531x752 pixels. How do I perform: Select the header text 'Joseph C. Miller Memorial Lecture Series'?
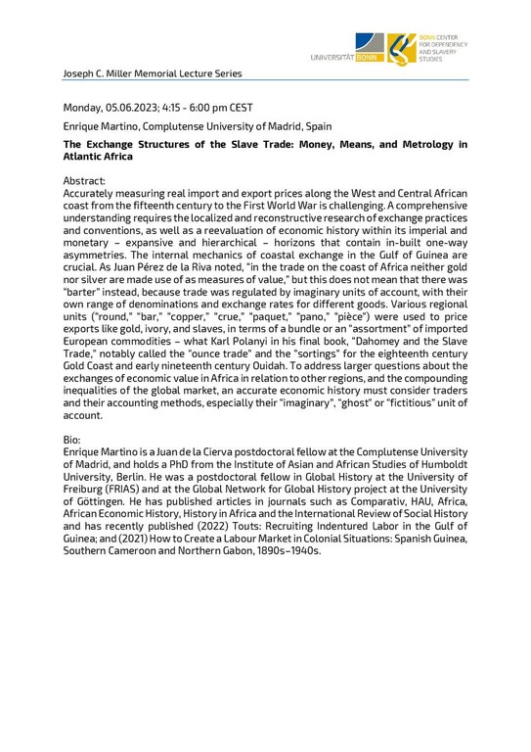(x=152, y=73)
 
